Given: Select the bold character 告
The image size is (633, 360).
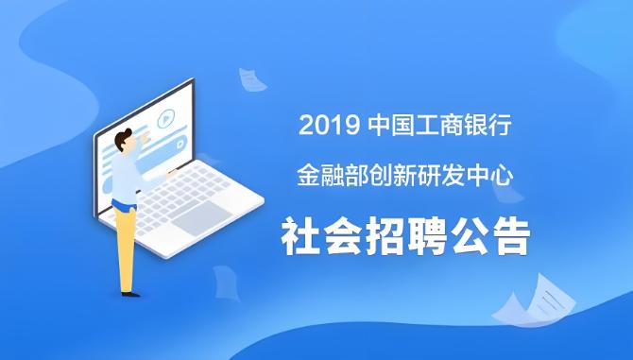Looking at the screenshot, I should click(507, 235).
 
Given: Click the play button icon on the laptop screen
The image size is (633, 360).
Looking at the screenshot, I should click(165, 120).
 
